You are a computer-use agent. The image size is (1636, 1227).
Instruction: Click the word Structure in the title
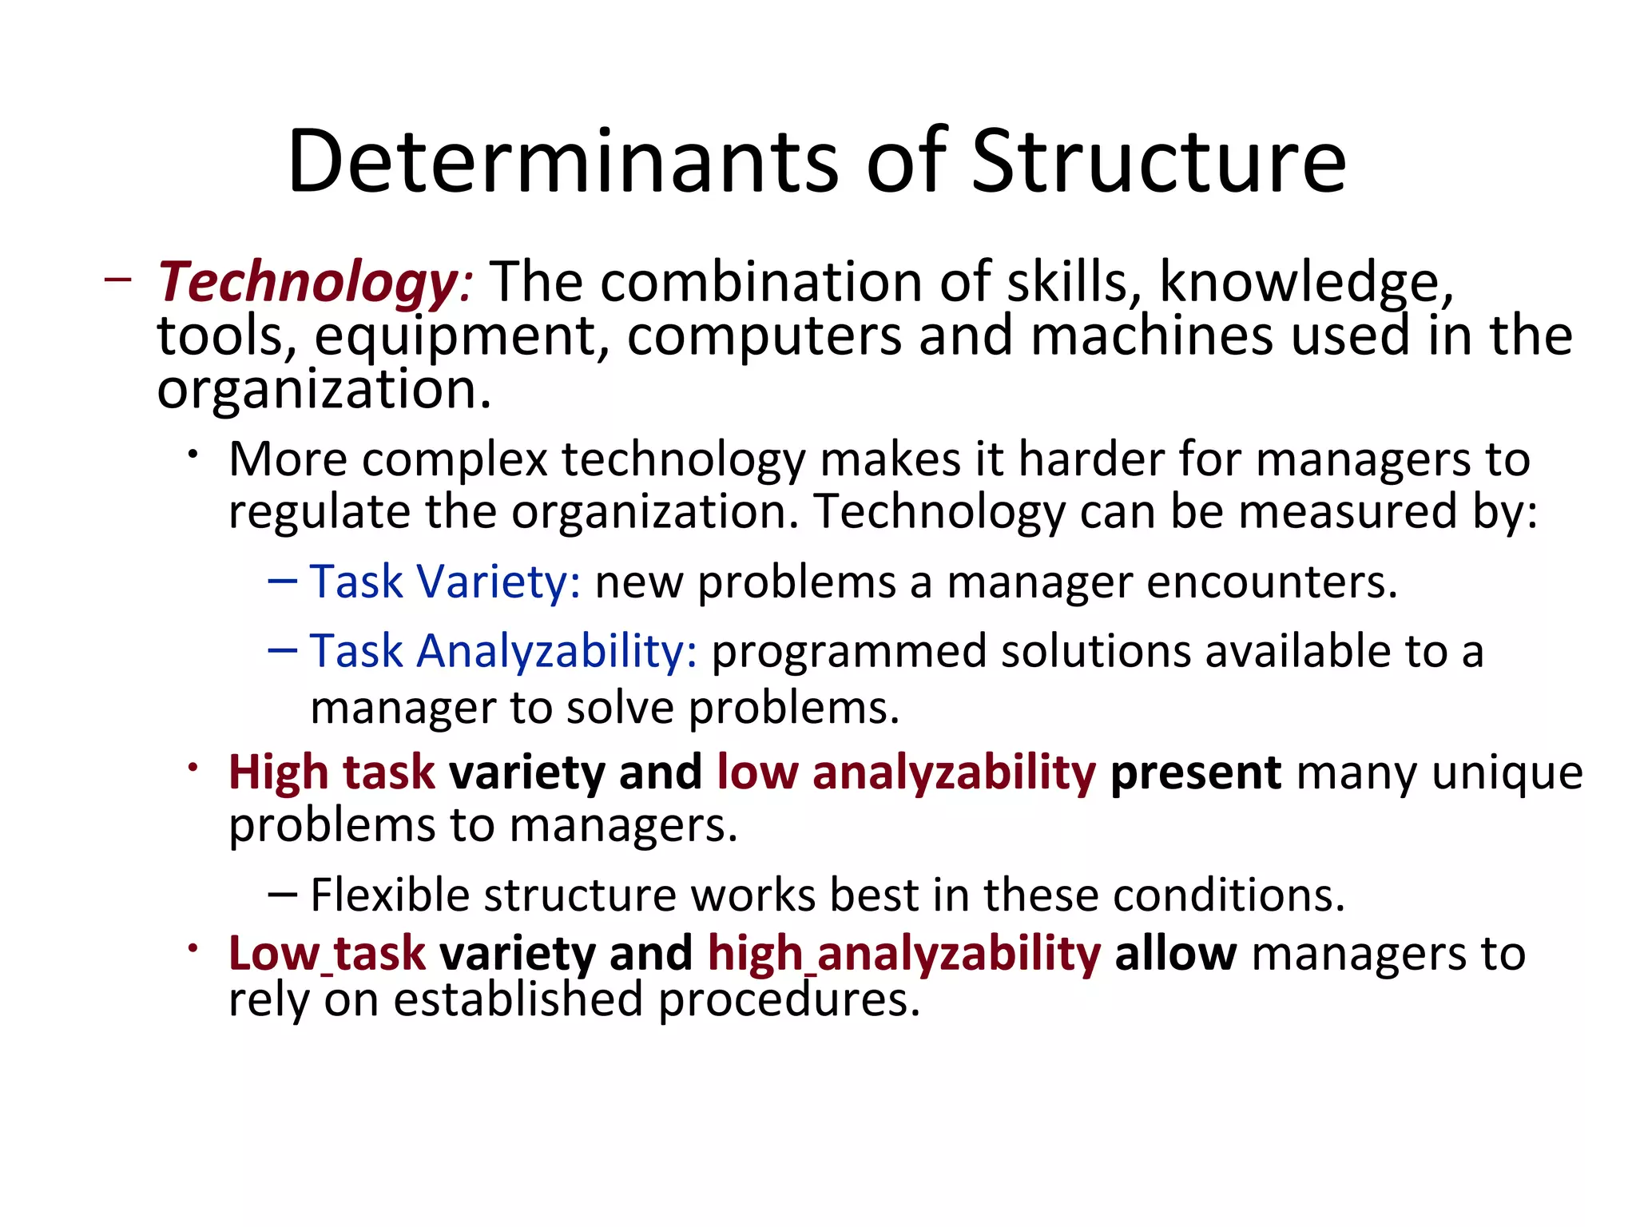pos(1158,162)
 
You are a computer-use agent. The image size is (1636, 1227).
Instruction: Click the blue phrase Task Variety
pos(444,582)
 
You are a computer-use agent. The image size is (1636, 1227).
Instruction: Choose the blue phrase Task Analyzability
pos(503,651)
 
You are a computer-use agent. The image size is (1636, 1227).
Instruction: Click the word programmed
pos(848,651)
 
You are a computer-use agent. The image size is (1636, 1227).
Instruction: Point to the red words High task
pos(332,773)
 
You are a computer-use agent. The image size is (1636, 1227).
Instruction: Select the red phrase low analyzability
pos(906,773)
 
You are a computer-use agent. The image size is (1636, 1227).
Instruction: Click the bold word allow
pos(1175,954)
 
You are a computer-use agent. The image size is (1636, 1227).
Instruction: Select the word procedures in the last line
pos(788,1000)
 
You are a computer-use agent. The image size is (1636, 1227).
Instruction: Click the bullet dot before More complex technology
pos(193,455)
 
